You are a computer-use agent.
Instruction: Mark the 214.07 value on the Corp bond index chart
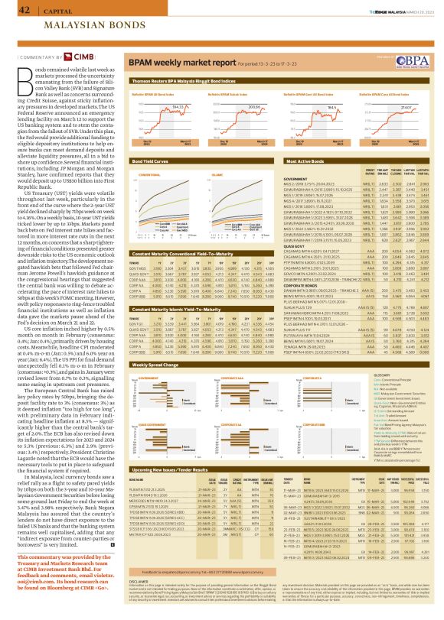pyautogui.click(x=407, y=108)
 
